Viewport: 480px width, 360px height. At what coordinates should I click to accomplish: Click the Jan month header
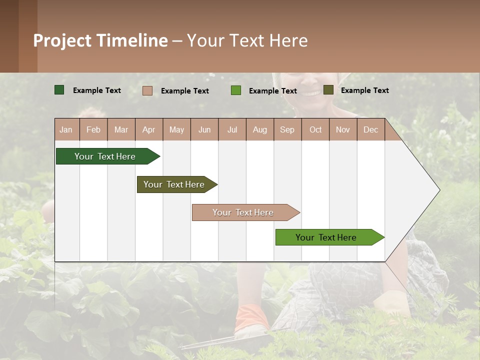pos(66,129)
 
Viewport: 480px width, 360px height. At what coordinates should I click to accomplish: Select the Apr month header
pos(148,129)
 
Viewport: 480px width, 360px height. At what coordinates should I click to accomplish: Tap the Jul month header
pos(232,129)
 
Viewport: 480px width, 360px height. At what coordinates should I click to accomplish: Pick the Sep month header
pos(287,129)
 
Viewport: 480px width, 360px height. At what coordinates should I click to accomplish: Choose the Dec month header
pos(370,129)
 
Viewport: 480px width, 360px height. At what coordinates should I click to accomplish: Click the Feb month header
pos(93,129)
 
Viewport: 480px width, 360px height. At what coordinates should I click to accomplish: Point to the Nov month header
pos(342,129)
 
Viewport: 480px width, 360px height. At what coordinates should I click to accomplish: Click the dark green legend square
pos(59,90)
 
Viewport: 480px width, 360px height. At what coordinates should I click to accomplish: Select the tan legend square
pos(147,90)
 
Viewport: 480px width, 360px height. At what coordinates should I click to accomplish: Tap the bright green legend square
pos(236,90)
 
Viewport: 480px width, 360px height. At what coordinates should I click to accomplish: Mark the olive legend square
pos(328,90)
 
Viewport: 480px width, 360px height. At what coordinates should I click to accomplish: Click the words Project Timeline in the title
pos(100,40)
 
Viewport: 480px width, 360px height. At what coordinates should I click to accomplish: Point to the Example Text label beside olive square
pos(364,90)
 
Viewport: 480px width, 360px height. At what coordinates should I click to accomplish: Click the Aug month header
pos(259,129)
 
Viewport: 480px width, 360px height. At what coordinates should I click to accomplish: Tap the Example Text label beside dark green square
pos(97,90)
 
